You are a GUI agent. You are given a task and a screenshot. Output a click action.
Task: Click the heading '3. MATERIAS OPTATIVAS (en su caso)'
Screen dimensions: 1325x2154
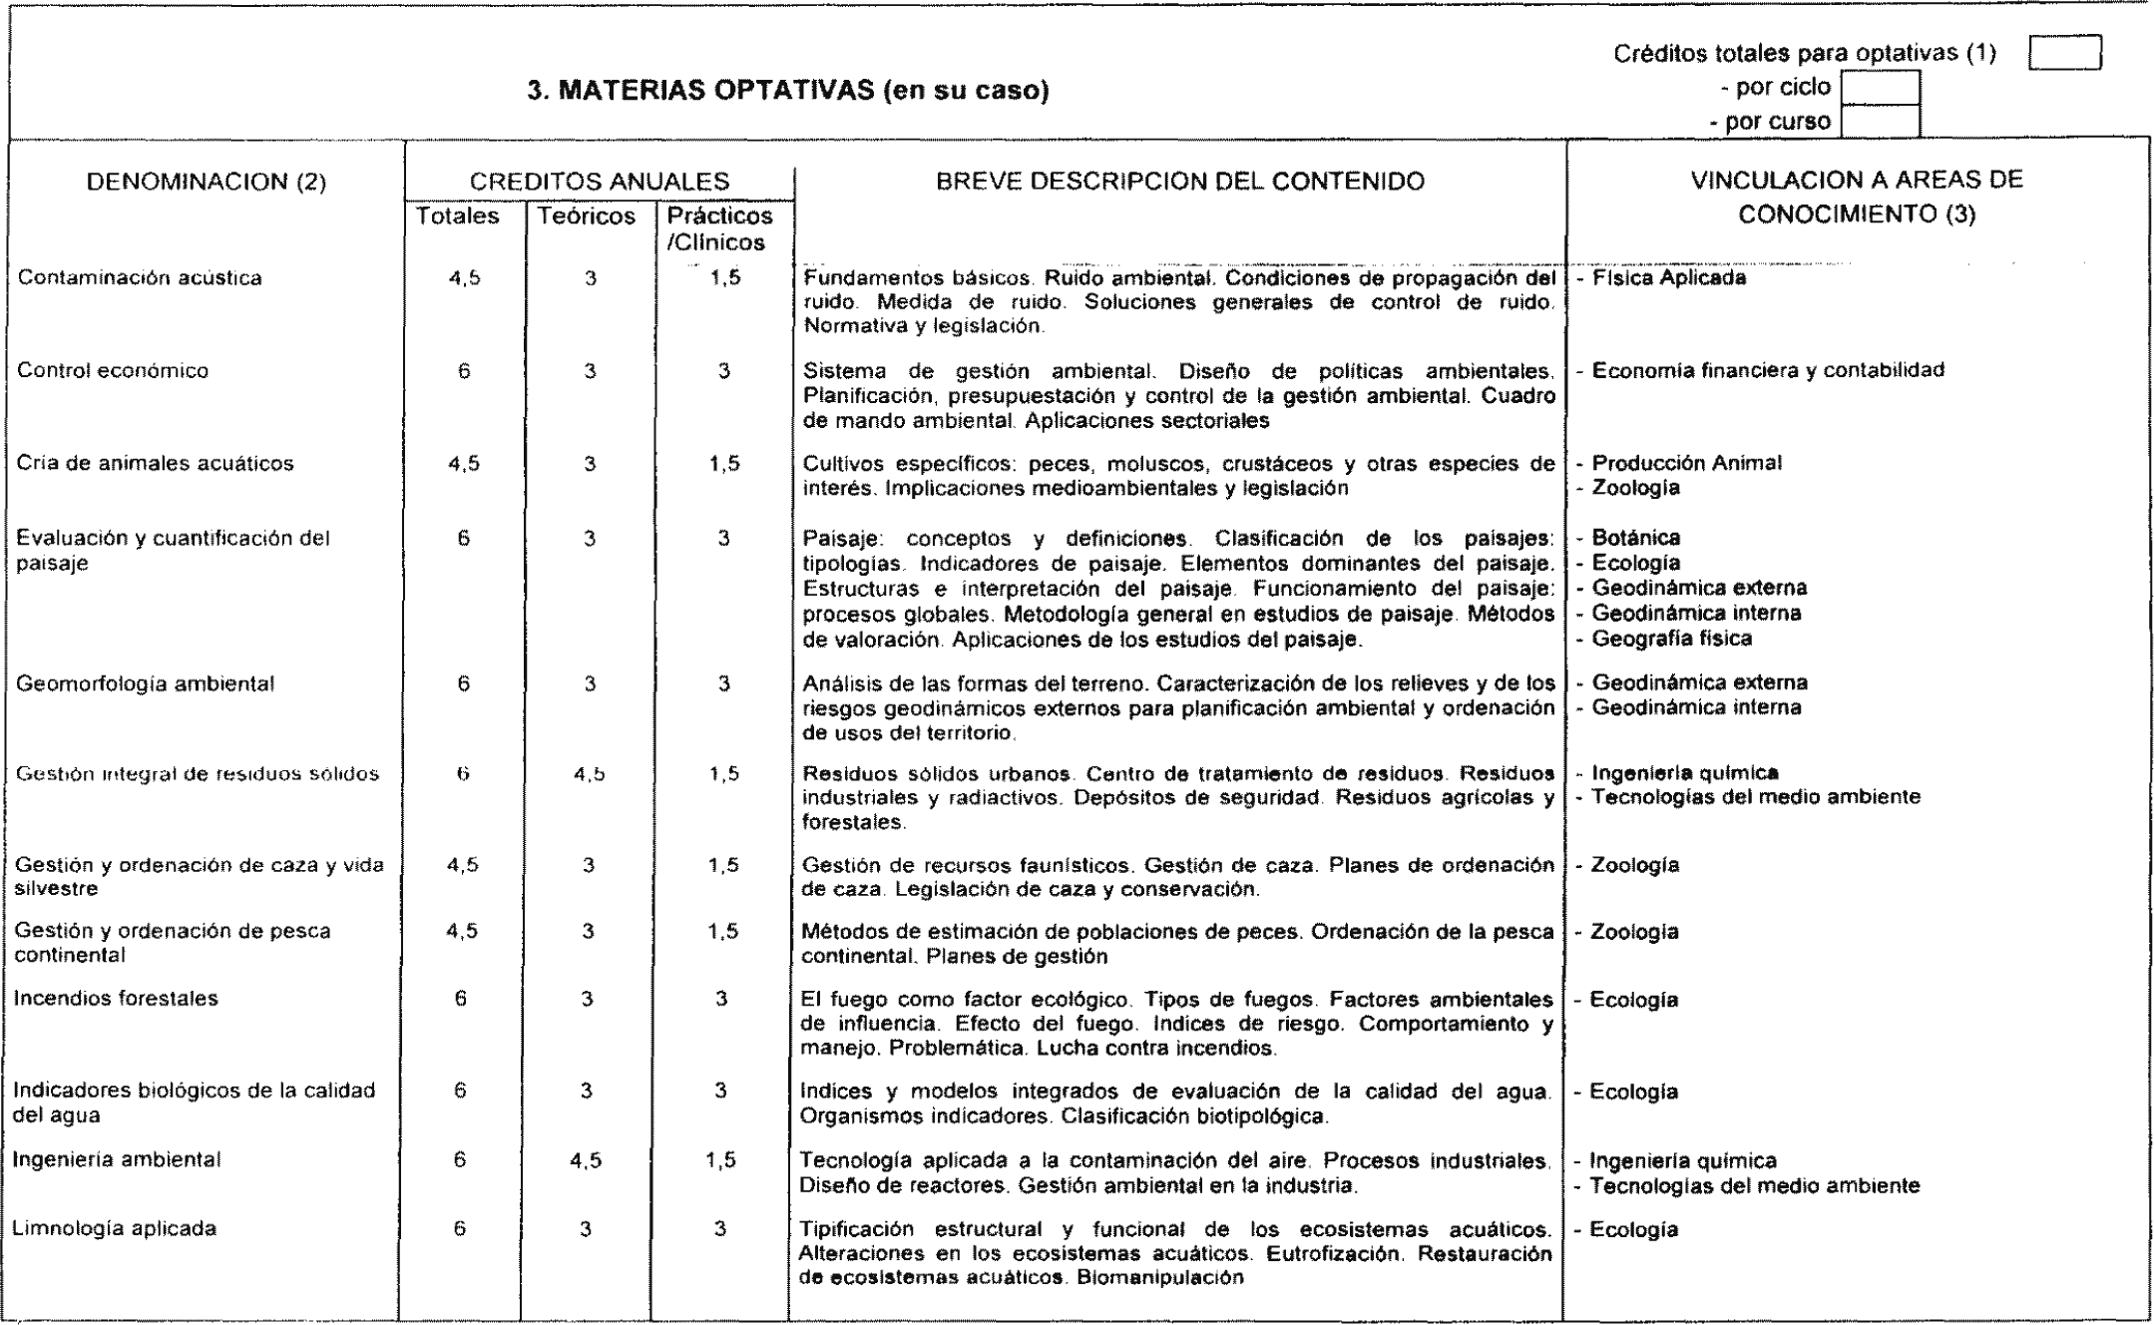tap(787, 92)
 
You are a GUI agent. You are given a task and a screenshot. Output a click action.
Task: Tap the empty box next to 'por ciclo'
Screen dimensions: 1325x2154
tap(1880, 88)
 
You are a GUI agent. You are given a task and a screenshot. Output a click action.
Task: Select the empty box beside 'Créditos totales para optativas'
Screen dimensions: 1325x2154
tap(2065, 53)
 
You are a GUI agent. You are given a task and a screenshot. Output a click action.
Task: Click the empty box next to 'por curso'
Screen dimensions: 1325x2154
tap(1880, 122)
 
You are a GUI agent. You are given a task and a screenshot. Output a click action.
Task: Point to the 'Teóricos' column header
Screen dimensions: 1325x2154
tap(587, 217)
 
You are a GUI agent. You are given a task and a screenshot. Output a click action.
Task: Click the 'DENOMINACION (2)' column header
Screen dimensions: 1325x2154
tap(207, 183)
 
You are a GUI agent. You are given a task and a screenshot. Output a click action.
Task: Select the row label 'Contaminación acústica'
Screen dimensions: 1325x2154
tap(140, 278)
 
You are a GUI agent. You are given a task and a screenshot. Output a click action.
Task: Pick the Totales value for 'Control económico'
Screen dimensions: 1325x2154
tap(464, 371)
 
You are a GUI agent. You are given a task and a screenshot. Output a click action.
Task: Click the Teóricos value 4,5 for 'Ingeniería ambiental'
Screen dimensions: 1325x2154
tap(588, 1160)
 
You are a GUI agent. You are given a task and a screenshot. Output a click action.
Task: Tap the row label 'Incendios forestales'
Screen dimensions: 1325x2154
tap(116, 999)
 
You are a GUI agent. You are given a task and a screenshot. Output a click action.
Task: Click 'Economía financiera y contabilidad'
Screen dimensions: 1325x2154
tap(1767, 370)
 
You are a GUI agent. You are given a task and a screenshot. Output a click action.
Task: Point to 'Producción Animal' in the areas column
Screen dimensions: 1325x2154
tap(1686, 463)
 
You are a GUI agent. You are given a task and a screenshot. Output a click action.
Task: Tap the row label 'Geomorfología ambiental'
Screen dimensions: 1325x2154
tap(145, 684)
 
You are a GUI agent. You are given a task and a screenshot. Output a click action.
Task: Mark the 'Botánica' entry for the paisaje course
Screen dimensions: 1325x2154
tap(1635, 539)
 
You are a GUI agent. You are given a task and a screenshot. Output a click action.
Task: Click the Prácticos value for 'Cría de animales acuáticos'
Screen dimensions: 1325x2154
tap(724, 464)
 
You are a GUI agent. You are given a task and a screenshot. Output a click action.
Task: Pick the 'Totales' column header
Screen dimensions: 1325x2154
tap(458, 217)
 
